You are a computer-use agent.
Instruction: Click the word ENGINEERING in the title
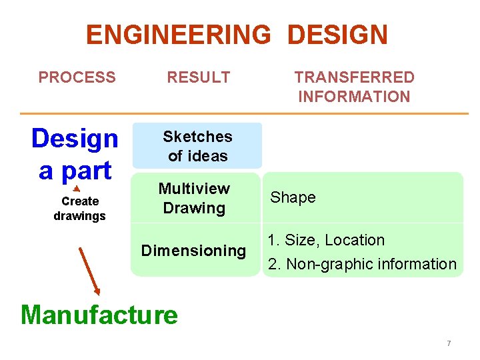(x=179, y=35)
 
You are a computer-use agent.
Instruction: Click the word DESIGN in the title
(x=337, y=35)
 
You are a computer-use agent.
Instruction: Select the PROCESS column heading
(x=77, y=77)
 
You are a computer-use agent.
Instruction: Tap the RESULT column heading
(x=198, y=77)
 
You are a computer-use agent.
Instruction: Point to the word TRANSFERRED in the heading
(x=354, y=77)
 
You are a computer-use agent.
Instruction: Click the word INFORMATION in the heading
(x=354, y=97)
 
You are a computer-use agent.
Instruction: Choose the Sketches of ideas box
(x=197, y=146)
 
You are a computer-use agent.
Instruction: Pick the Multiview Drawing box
(x=194, y=198)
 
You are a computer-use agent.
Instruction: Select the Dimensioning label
(x=193, y=251)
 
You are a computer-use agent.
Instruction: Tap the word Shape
(x=293, y=197)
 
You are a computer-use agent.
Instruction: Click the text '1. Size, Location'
(x=326, y=240)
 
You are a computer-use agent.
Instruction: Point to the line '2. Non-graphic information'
(x=362, y=264)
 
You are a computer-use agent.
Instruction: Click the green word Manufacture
(x=99, y=314)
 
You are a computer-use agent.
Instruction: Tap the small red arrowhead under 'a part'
(x=76, y=189)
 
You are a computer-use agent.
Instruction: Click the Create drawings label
(x=79, y=209)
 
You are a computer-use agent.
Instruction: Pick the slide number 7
(x=449, y=343)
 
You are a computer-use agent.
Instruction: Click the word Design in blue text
(x=75, y=139)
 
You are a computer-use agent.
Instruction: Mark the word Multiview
(x=194, y=189)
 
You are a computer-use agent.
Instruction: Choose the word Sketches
(x=197, y=137)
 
